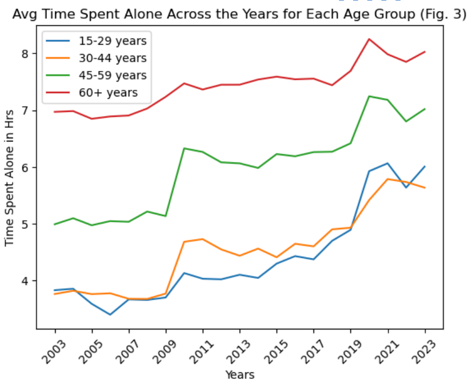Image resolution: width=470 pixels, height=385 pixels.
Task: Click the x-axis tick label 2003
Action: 53,349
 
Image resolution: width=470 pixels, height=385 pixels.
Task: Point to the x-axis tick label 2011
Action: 201,349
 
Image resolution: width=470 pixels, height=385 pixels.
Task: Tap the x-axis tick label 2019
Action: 349,349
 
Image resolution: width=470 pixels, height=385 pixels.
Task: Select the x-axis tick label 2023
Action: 423,349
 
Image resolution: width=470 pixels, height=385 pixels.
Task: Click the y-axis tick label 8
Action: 25,54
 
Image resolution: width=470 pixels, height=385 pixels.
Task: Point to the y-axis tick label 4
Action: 25,281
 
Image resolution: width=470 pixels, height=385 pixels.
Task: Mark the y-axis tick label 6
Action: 25,167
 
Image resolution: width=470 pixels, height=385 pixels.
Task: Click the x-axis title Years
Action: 240,375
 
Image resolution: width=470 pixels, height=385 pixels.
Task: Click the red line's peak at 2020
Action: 369,39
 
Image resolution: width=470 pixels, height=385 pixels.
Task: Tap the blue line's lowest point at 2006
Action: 111,314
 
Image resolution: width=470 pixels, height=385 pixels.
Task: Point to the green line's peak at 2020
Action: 369,96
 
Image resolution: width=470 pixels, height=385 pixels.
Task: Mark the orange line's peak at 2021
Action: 388,179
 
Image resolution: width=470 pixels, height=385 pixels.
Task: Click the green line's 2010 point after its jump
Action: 185,148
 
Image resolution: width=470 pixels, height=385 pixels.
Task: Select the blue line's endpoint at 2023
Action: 425,166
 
